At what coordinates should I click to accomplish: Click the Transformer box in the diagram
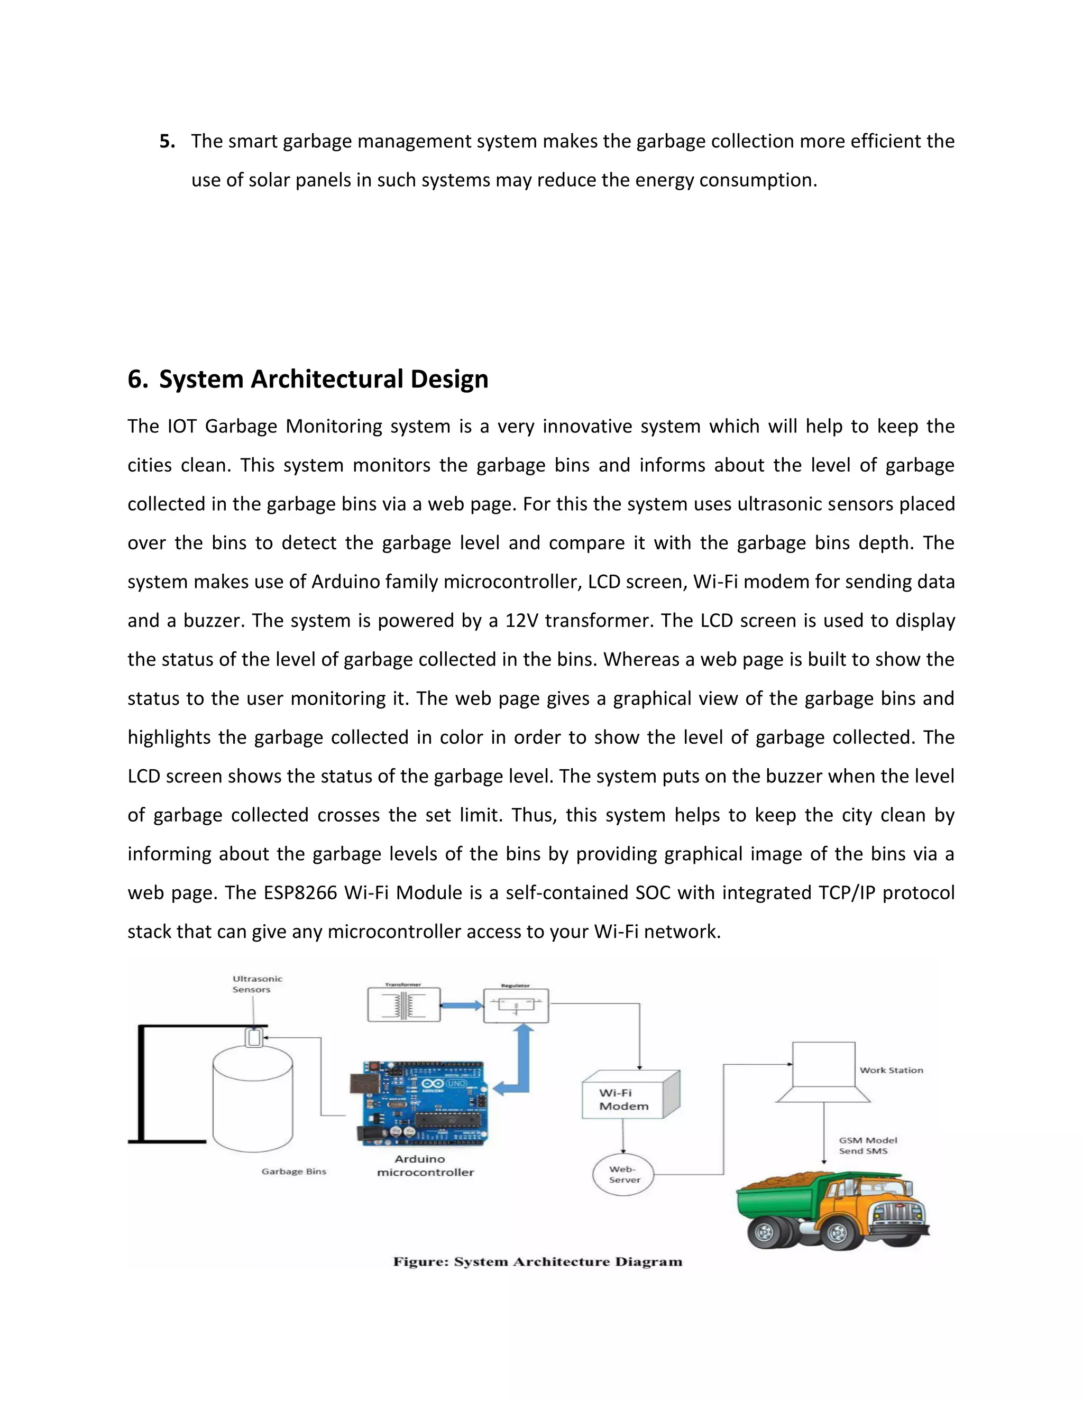403,1004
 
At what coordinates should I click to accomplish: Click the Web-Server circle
622,1175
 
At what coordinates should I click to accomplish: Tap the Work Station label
891,1070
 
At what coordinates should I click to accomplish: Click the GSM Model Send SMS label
867,1145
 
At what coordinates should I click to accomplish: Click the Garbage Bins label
294,1172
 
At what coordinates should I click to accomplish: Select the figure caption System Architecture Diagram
538,1262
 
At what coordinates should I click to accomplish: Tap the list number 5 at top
166,141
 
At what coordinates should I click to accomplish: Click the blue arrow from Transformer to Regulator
462,1005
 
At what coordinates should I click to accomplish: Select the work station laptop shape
823,1073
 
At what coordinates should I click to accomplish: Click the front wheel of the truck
837,1232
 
